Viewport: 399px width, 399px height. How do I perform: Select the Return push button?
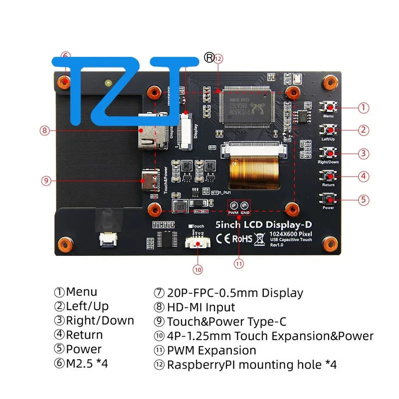point(328,176)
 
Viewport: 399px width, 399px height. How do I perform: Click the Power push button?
point(328,199)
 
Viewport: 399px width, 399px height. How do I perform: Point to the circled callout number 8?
point(45,131)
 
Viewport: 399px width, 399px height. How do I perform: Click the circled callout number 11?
point(239,264)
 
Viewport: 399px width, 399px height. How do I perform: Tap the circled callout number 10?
point(198,269)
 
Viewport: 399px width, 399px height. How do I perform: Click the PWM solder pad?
point(233,205)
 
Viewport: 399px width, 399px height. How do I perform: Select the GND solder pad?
point(245,205)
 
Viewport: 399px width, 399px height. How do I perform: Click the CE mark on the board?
point(223,239)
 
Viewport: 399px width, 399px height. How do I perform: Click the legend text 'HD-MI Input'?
point(200,308)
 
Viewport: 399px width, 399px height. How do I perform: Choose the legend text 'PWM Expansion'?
point(211,351)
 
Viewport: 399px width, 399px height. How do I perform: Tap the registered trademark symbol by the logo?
point(209,57)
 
